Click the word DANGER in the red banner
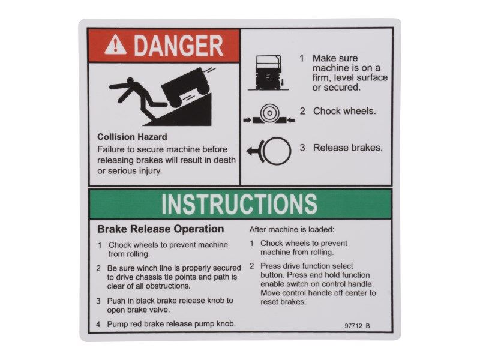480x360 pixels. [x=178, y=46]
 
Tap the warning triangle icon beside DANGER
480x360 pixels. [x=115, y=46]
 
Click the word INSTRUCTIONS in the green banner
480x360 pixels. [x=239, y=204]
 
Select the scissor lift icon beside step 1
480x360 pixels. [x=269, y=73]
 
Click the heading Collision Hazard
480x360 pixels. [x=132, y=137]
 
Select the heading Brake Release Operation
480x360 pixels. [x=160, y=229]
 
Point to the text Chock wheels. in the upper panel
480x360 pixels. [x=344, y=111]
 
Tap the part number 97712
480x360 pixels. [x=353, y=326]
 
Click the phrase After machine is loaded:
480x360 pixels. [x=292, y=229]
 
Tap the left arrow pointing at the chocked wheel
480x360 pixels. [x=248, y=121]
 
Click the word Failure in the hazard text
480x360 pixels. [x=112, y=149]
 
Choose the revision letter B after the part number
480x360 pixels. [x=368, y=326]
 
